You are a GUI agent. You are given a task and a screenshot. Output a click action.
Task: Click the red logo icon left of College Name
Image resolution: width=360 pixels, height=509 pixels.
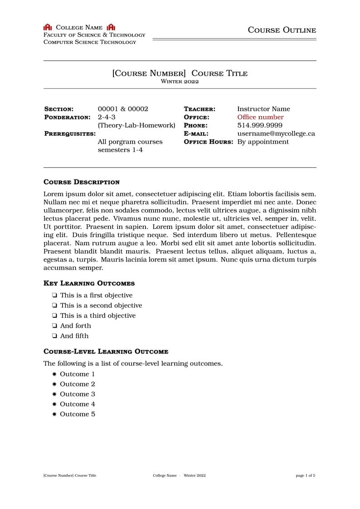tap(48, 28)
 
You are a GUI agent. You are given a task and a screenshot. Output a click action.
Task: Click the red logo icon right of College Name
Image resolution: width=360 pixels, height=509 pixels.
tap(111, 28)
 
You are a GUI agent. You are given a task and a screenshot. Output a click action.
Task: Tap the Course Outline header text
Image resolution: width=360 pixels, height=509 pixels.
tap(282, 30)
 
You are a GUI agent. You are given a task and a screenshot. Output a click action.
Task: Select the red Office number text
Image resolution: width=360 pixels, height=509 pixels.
tap(260, 117)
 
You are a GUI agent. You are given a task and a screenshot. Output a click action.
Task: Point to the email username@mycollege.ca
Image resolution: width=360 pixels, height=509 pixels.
tap(276, 133)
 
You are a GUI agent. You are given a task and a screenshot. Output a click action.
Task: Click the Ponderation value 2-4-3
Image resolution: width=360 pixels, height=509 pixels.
tap(107, 117)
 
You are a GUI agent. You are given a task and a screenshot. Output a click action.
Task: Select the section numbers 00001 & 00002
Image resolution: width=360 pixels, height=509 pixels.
tap(123, 109)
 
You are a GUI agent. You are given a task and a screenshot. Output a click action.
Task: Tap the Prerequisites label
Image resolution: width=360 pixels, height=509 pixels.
tap(70, 134)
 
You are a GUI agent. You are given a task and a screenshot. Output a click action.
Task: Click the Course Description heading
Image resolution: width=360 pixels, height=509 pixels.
tap(82, 182)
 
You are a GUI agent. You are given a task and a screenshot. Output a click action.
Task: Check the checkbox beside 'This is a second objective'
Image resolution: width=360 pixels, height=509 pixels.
tap(54, 305)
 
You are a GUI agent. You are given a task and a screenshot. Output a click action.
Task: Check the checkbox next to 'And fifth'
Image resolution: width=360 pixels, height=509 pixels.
tap(54, 336)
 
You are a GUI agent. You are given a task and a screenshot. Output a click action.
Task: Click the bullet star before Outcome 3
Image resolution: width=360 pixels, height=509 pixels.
tap(54, 394)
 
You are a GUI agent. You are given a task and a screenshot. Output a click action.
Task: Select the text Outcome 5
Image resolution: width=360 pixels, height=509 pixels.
tap(78, 414)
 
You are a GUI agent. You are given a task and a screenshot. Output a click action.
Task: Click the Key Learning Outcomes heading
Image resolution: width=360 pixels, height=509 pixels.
tap(89, 283)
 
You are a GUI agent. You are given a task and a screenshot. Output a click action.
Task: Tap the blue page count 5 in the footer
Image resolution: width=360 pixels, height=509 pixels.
tap(314, 475)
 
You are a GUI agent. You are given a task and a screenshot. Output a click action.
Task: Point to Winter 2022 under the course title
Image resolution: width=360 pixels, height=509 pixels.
tap(180, 82)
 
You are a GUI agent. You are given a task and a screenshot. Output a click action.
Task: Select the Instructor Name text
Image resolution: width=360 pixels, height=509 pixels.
tap(263, 109)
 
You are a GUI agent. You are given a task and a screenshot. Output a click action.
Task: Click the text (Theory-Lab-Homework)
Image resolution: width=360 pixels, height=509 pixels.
tap(136, 125)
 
